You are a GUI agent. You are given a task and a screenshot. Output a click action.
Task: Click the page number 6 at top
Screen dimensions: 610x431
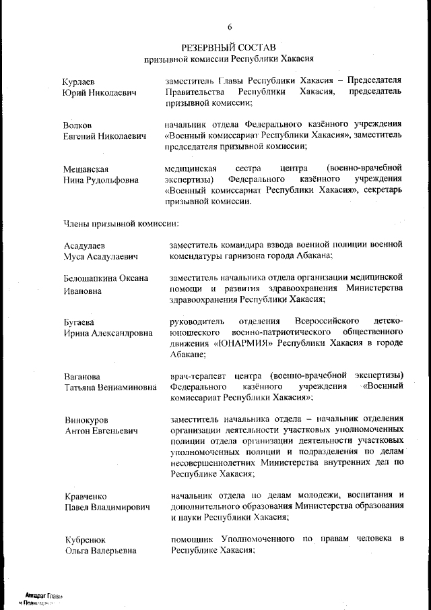click(229, 27)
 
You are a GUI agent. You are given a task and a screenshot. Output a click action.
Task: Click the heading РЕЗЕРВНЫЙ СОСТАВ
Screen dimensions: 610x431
click(229, 48)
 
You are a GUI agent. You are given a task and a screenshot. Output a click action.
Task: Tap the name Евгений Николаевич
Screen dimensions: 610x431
click(104, 136)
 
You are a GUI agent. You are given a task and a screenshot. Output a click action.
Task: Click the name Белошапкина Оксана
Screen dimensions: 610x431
click(106, 278)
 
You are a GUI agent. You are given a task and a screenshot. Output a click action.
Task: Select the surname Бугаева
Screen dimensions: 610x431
click(79, 322)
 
